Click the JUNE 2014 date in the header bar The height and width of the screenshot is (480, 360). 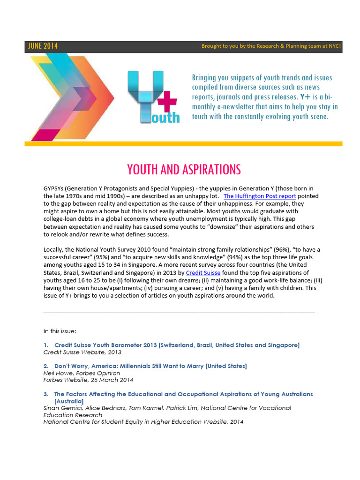[x=43, y=46]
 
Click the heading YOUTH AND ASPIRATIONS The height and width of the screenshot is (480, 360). [x=184, y=169]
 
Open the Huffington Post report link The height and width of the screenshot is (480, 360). [x=253, y=196]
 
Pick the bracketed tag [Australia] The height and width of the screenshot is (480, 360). [x=69, y=401]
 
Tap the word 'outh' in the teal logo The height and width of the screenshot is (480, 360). [x=165, y=117]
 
